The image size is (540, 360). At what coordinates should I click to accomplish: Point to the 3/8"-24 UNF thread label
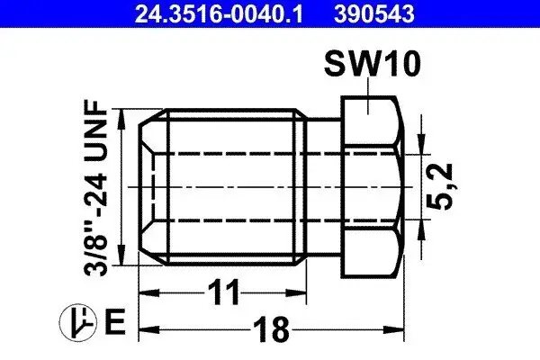[95, 187]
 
